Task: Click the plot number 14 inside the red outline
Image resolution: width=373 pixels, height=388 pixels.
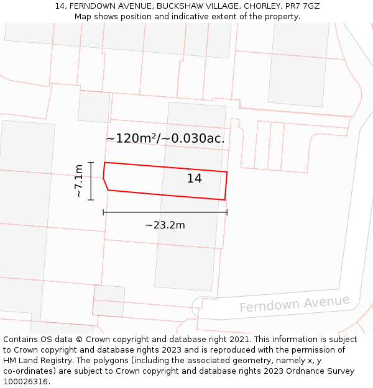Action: tap(195, 179)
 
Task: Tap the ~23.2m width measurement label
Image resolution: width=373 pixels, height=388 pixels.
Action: tap(165, 225)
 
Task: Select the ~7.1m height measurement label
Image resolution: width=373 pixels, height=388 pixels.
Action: tap(78, 181)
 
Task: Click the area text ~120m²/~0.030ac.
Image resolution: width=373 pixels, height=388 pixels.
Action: tap(165, 138)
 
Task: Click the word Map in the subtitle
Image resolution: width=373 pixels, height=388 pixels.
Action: tap(83, 17)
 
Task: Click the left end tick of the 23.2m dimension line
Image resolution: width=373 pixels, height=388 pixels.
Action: tap(103, 212)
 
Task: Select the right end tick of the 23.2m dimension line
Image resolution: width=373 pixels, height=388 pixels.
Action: tap(227, 212)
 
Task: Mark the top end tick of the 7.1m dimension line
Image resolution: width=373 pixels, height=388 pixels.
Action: tap(91, 162)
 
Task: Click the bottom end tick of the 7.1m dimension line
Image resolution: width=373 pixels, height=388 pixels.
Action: tap(91, 200)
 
